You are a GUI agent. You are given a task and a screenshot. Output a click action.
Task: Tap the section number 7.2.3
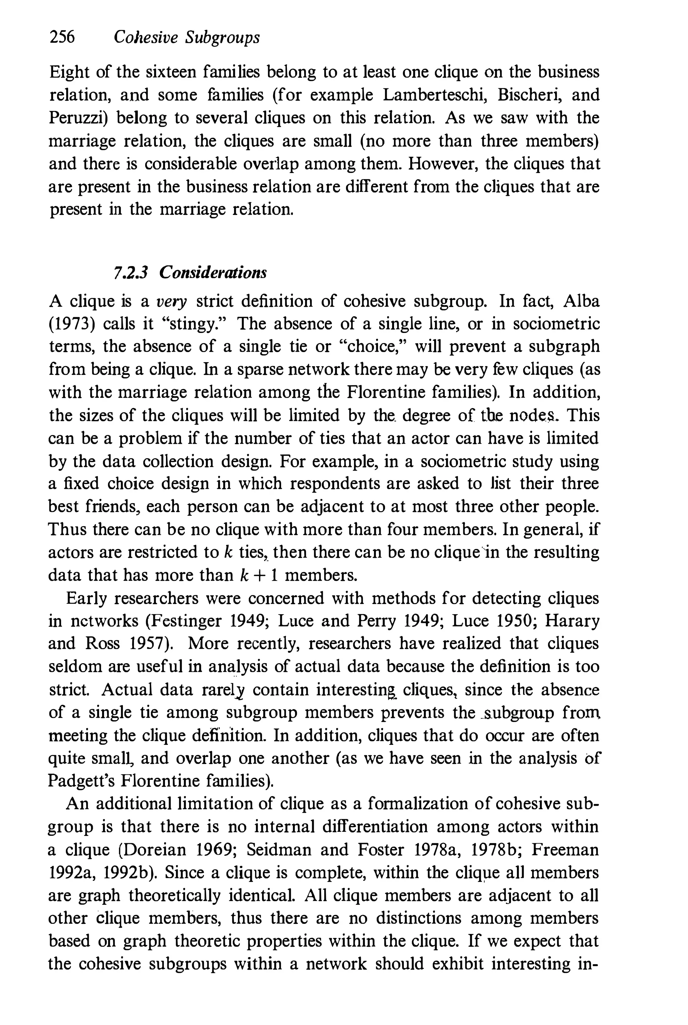[130, 272]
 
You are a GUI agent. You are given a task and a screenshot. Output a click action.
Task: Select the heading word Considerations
[213, 272]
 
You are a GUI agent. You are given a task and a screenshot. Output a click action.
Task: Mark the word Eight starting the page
[69, 72]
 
